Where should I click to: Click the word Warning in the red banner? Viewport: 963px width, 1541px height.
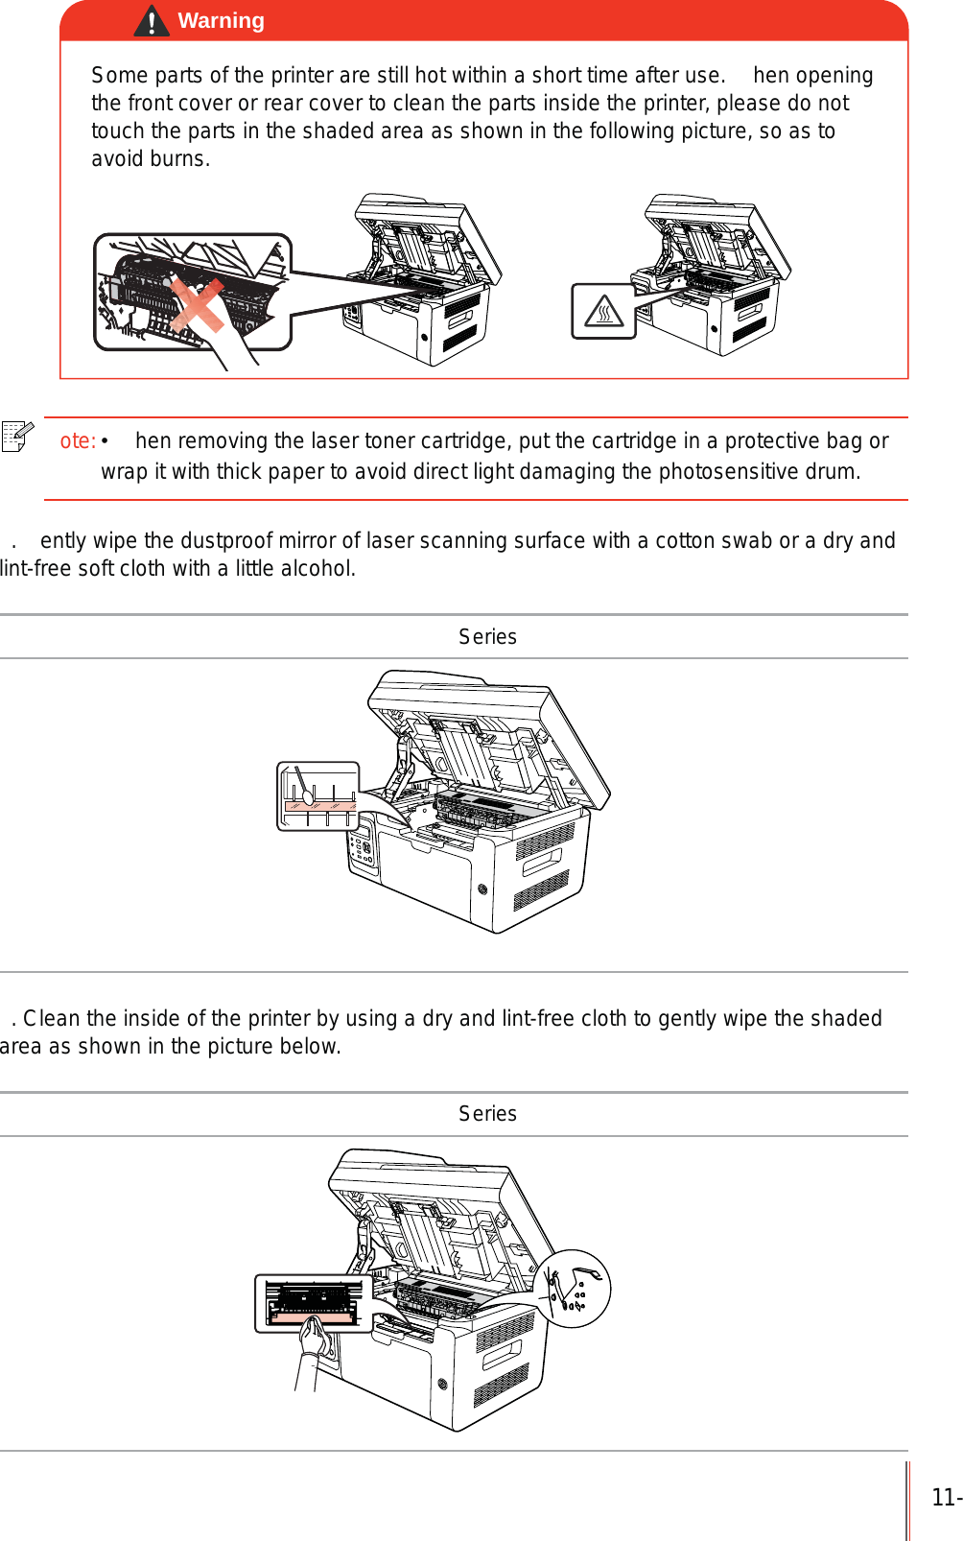(221, 21)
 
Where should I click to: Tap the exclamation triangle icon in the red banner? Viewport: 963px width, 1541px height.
(152, 21)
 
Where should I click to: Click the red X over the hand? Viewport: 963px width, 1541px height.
(198, 305)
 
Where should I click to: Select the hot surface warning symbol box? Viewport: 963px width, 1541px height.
(603, 311)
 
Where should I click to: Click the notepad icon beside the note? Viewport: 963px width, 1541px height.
(17, 436)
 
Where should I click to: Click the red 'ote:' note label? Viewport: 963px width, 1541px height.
(78, 441)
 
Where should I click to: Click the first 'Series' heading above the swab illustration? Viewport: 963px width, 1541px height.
(487, 637)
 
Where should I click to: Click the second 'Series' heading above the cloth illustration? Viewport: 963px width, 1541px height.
(487, 1114)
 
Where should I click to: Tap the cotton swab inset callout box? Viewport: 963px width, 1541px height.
(318, 796)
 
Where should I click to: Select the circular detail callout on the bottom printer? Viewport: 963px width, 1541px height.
(572, 1289)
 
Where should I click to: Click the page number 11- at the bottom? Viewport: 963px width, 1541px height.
(946, 1498)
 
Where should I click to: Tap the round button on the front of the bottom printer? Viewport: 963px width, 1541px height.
(442, 1384)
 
